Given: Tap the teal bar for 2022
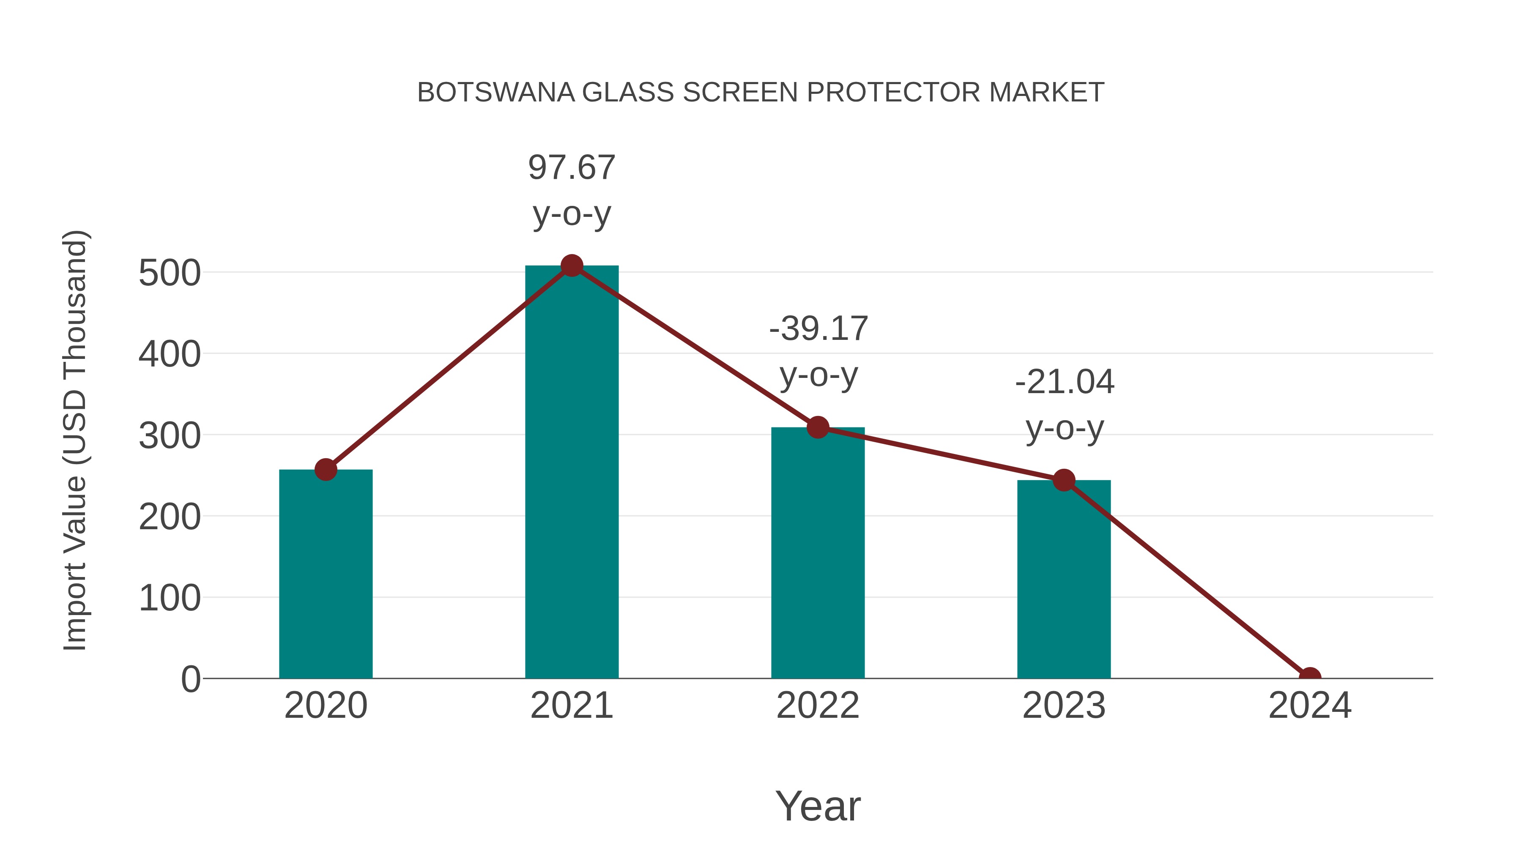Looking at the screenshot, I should (818, 555).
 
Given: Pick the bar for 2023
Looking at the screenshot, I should (1064, 582).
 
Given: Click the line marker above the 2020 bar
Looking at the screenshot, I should (326, 470).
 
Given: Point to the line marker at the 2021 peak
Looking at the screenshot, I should (571, 266).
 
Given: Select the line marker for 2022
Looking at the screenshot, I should (818, 427).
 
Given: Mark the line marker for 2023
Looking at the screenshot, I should (1064, 480).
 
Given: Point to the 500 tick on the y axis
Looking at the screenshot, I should (170, 273).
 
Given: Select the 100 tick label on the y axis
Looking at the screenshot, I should (170, 599).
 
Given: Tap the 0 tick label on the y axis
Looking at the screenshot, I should (191, 679).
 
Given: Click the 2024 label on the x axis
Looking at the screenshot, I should (1310, 706).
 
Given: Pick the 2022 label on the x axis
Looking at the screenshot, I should (818, 706).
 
